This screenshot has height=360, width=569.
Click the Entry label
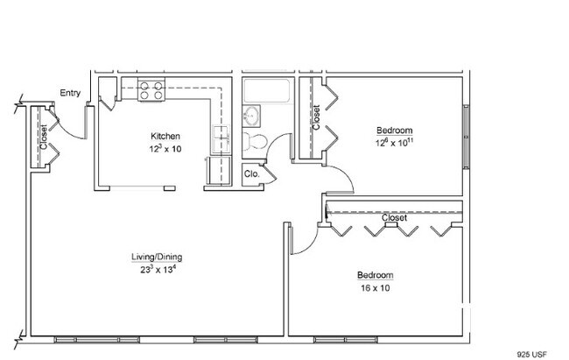pyautogui.click(x=70, y=93)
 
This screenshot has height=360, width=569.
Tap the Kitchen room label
pyautogui.click(x=165, y=137)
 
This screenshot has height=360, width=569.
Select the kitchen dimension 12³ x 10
pyautogui.click(x=165, y=149)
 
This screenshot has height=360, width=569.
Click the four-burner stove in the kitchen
pyautogui.click(x=151, y=90)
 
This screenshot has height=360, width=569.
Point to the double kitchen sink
pyautogui.click(x=221, y=139)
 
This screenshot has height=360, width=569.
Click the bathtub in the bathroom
pyautogui.click(x=267, y=91)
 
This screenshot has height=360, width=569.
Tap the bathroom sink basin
pyautogui.click(x=251, y=116)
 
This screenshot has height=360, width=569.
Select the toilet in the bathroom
pyautogui.click(x=255, y=141)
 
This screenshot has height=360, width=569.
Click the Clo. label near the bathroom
pyautogui.click(x=252, y=174)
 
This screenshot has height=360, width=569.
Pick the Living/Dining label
pyautogui.click(x=157, y=257)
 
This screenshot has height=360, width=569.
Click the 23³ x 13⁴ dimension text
pyautogui.click(x=158, y=269)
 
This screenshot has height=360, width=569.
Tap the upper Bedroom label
pyautogui.click(x=395, y=130)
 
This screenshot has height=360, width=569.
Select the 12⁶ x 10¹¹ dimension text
pyautogui.click(x=395, y=142)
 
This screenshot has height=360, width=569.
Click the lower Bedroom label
pyautogui.click(x=376, y=275)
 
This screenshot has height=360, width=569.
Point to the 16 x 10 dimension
pyautogui.click(x=376, y=288)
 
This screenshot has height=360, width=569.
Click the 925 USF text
pyautogui.click(x=531, y=354)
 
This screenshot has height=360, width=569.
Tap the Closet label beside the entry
pyautogui.click(x=44, y=137)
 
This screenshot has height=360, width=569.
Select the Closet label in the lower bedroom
pyautogui.click(x=395, y=217)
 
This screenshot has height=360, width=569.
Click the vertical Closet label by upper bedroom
pyautogui.click(x=316, y=117)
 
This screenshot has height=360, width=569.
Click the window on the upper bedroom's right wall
pyautogui.click(x=467, y=137)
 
